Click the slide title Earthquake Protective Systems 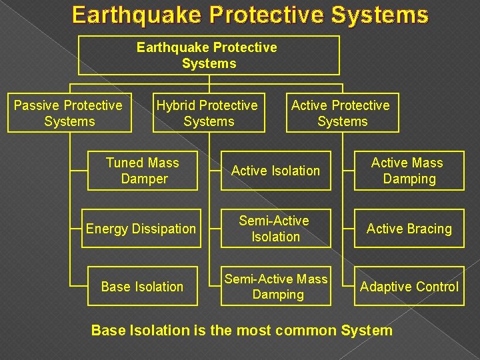[250, 15]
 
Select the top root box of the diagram [209, 55]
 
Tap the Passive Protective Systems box [69, 113]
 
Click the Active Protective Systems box [342, 113]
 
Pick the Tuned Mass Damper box [143, 171]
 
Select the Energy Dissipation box [141, 229]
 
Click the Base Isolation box [141, 287]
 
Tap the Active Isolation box [275, 171]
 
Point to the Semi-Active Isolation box [275, 229]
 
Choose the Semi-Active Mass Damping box [275, 287]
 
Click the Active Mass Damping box [409, 171]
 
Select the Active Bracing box [409, 229]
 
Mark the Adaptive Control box [409, 287]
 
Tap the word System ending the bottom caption [366, 330]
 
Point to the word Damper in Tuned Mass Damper [144, 179]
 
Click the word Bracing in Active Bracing [429, 229]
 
